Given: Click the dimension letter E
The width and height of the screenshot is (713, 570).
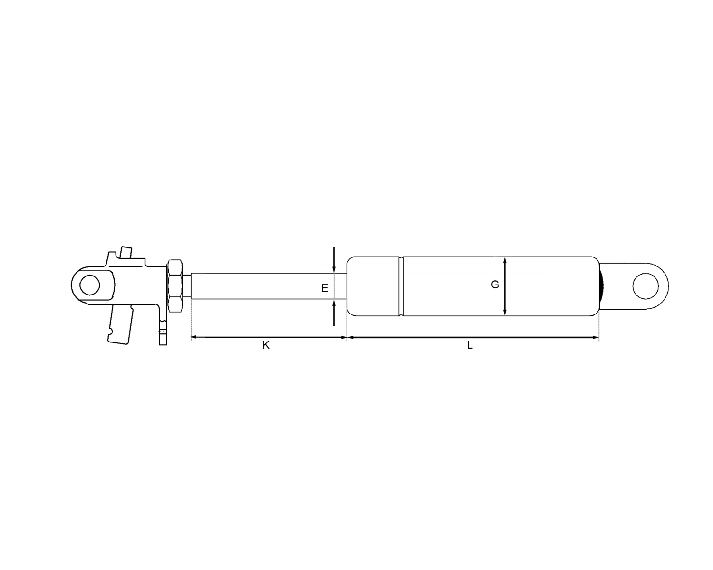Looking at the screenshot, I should (x=325, y=288).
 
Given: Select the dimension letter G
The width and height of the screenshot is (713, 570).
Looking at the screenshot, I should (x=495, y=285).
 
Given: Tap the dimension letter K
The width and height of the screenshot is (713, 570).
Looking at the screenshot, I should (x=266, y=345).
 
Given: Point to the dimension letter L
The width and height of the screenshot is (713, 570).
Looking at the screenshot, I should (x=470, y=345).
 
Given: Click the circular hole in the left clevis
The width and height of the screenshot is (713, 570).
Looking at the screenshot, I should (x=89, y=285).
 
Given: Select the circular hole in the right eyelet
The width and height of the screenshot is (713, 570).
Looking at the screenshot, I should (x=645, y=286).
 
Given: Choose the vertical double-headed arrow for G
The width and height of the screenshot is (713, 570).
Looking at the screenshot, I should (x=505, y=286).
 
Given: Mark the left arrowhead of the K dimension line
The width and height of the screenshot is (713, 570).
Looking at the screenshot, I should (x=193, y=337).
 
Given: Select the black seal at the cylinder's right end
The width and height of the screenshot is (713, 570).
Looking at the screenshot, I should (x=602, y=286).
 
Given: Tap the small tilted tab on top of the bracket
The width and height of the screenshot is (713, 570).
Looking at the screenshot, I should (x=126, y=252).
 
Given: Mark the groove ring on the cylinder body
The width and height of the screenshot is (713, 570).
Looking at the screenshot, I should (x=401, y=286).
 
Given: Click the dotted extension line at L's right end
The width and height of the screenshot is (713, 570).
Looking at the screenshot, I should (x=599, y=328).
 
